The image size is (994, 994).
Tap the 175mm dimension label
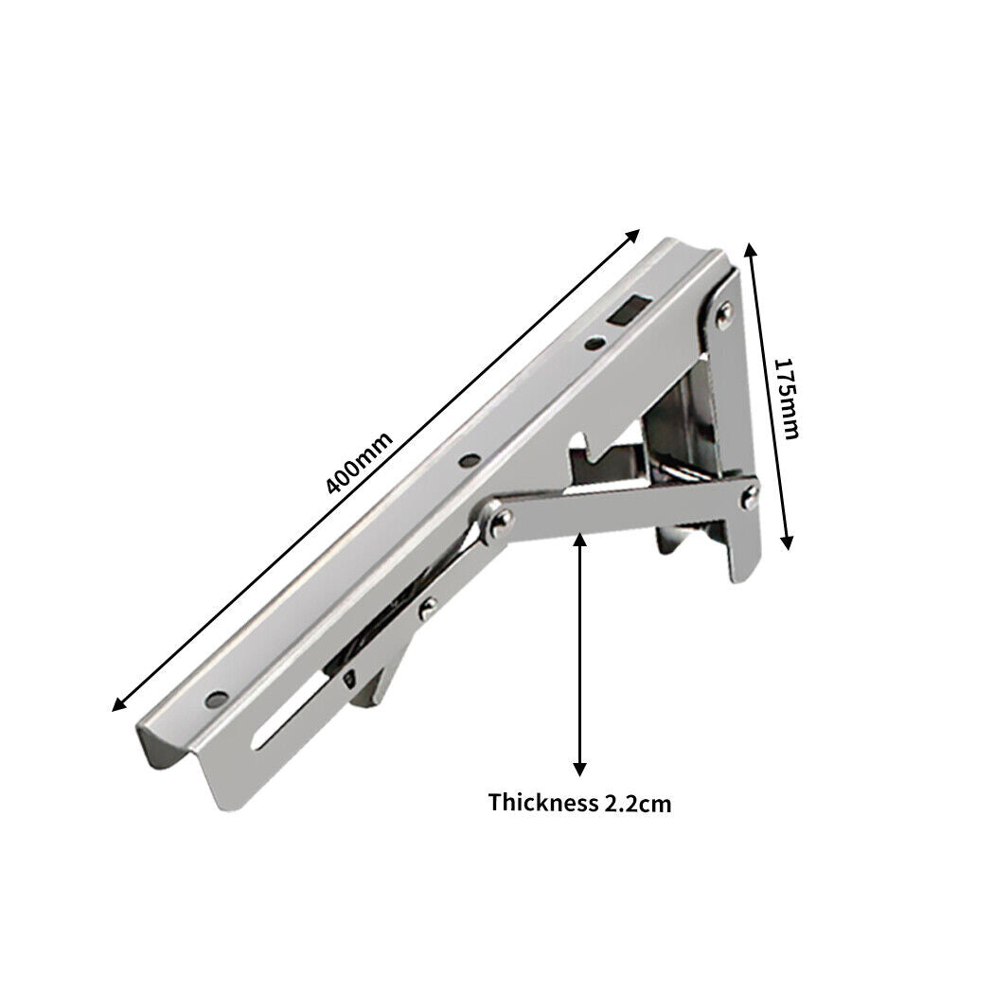(787, 398)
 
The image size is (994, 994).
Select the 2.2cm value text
(637, 804)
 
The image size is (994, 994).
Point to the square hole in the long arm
(627, 310)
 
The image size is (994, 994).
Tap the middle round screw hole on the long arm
(467, 462)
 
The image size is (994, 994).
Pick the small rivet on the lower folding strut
(428, 606)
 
